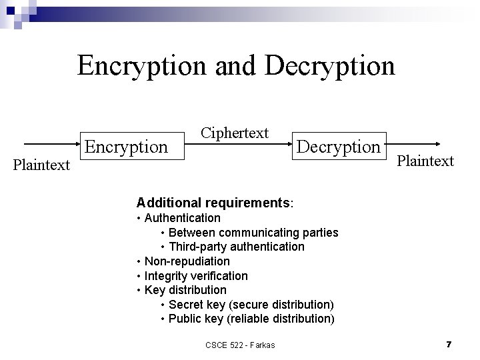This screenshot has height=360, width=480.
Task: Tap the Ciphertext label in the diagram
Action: click(x=235, y=133)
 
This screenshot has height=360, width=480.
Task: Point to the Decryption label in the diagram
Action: click(x=338, y=146)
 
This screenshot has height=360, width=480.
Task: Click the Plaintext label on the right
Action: click(x=425, y=161)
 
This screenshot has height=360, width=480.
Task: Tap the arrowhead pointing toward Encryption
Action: click(x=75, y=143)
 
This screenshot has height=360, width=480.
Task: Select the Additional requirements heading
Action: click(x=215, y=201)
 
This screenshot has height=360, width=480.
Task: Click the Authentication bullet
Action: click(x=182, y=217)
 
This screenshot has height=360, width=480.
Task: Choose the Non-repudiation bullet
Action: click(x=187, y=261)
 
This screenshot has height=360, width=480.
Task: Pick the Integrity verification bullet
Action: click(x=196, y=275)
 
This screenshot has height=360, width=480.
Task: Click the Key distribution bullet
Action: click(x=185, y=290)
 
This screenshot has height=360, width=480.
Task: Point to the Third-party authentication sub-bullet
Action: click(x=236, y=247)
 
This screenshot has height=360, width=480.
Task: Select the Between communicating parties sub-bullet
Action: click(x=253, y=233)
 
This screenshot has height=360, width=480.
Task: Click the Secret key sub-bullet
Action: click(x=251, y=305)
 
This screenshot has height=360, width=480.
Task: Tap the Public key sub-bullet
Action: click(x=251, y=319)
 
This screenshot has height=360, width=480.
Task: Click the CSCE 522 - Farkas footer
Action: click(x=240, y=344)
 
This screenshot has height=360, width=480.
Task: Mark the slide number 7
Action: click(x=449, y=344)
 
